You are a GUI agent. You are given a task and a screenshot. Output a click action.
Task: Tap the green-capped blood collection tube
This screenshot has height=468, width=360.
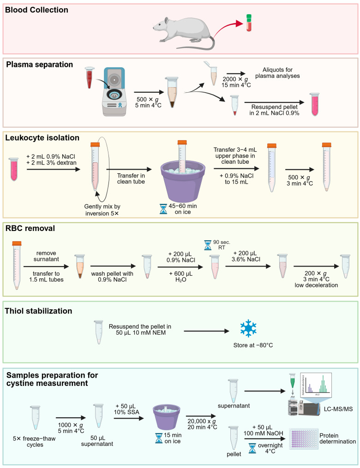click(249, 23)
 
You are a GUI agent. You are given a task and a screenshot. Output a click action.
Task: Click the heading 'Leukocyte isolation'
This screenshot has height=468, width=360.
click(42, 137)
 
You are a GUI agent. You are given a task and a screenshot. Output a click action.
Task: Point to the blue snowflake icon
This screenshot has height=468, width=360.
click(248, 329)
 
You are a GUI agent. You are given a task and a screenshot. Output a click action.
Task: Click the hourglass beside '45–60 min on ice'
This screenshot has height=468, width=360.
click(163, 209)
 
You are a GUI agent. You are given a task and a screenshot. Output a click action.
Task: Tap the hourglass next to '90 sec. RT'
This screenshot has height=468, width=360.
click(207, 245)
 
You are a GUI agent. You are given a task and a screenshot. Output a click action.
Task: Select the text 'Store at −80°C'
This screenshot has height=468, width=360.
click(253, 345)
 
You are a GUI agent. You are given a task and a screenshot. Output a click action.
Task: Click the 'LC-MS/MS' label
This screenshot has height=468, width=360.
click(338, 409)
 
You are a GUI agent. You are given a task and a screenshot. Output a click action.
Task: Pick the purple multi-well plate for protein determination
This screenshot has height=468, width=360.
click(303, 439)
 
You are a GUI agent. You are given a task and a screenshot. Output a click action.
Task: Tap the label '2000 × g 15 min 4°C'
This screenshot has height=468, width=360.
click(236, 82)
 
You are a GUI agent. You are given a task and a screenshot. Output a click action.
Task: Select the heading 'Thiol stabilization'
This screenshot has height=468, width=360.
click(39, 311)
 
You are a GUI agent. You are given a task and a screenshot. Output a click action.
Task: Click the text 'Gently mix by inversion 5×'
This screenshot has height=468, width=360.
click(102, 210)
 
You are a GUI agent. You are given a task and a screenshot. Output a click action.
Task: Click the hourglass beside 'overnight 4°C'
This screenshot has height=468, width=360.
click(252, 448)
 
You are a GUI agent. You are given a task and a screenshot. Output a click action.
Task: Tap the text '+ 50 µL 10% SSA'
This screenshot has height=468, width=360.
click(126, 409)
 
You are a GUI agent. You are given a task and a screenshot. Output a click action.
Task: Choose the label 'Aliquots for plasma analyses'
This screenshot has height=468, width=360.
click(277, 73)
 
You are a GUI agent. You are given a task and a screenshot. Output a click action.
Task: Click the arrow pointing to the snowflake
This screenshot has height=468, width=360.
click(206, 331)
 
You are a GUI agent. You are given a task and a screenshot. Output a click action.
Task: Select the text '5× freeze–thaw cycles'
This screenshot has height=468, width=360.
click(34, 442)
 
